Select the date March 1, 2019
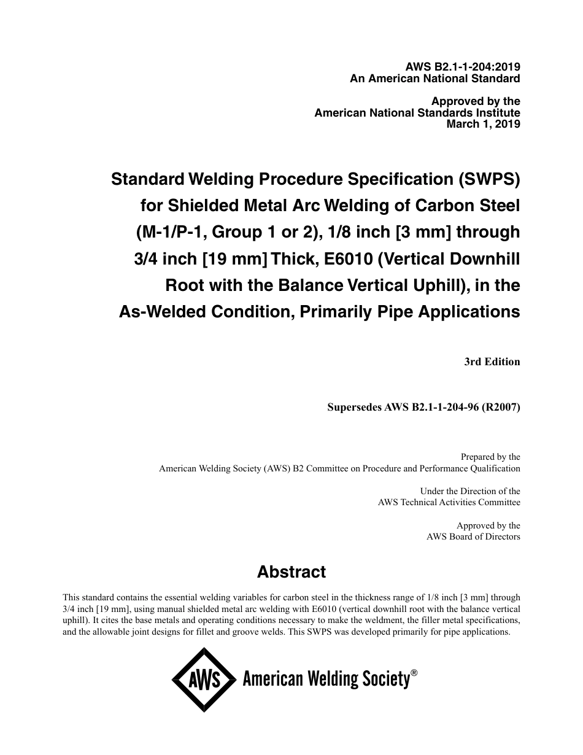(x=483, y=124)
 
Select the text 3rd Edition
(x=492, y=362)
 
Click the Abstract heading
(x=291, y=572)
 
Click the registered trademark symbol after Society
(x=414, y=673)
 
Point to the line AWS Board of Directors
(x=473, y=536)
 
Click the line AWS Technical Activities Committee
(x=449, y=502)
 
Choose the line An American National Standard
(x=434, y=79)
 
